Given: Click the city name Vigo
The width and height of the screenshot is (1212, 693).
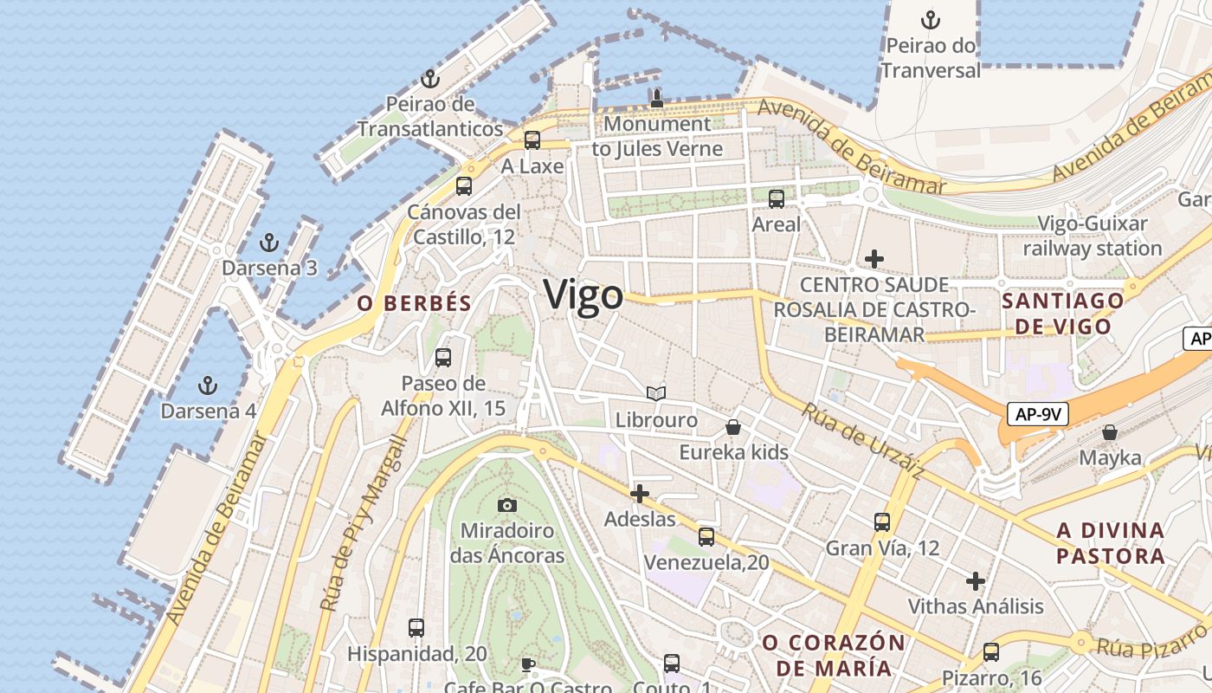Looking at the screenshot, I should pyautogui.click(x=583, y=295).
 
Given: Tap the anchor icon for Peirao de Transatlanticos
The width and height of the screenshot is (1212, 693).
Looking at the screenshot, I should pyautogui.click(x=430, y=80).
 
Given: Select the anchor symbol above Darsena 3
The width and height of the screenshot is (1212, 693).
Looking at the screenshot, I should pyautogui.click(x=269, y=243).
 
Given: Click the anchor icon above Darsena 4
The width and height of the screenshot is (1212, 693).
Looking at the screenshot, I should pyautogui.click(x=207, y=385).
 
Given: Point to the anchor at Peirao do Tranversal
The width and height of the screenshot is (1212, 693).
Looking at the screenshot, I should pyautogui.click(x=931, y=19).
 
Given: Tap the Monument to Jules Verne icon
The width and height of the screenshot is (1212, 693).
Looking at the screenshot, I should pyautogui.click(x=656, y=99).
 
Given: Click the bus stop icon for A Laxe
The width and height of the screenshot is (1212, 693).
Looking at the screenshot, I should pyautogui.click(x=532, y=139).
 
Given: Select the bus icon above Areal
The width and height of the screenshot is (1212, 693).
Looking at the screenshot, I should pyautogui.click(x=777, y=199).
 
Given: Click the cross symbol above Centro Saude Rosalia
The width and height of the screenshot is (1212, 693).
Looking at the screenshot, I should pyautogui.click(x=874, y=258).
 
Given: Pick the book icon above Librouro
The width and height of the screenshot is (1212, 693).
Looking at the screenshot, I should pyautogui.click(x=656, y=394).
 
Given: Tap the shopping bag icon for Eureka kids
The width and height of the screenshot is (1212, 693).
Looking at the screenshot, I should pyautogui.click(x=733, y=426).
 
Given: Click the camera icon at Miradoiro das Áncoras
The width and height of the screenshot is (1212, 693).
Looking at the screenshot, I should pyautogui.click(x=507, y=504).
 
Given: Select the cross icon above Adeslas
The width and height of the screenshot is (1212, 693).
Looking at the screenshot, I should pyautogui.click(x=640, y=494).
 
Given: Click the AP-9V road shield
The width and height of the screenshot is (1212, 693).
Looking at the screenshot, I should pyautogui.click(x=1038, y=415).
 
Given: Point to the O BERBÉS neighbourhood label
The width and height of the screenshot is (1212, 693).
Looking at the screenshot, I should pyautogui.click(x=414, y=303).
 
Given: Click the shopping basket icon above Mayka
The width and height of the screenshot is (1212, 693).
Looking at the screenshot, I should pyautogui.click(x=1110, y=431).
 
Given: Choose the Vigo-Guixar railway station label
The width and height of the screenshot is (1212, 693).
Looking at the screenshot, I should pyautogui.click(x=1093, y=236).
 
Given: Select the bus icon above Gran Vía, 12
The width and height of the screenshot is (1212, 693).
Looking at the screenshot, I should pyautogui.click(x=882, y=521).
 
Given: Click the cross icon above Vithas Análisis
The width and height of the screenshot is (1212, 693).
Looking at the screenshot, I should pyautogui.click(x=976, y=580).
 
